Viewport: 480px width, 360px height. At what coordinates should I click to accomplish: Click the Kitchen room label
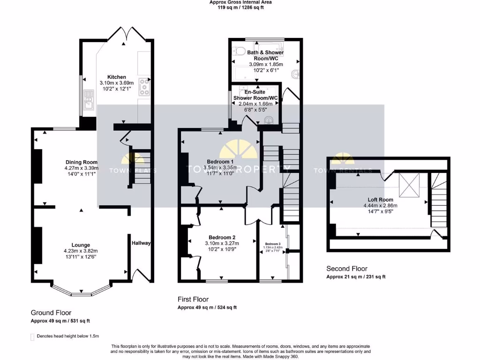click(x=117, y=77)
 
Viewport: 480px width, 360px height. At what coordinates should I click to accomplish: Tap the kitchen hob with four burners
click(x=144, y=87)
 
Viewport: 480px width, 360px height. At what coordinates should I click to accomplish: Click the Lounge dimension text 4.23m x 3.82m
click(x=81, y=251)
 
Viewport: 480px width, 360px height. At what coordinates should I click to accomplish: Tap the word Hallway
click(x=141, y=243)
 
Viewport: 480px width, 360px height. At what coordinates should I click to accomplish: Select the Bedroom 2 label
click(x=222, y=237)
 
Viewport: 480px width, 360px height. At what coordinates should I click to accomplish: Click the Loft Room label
click(x=380, y=199)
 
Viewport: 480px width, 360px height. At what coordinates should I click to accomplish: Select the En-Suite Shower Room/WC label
click(x=255, y=95)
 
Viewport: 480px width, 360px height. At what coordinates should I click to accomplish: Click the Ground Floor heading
click(x=51, y=313)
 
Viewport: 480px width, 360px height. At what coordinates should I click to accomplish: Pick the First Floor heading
click(x=193, y=299)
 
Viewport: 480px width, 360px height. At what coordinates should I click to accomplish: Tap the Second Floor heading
click(x=346, y=269)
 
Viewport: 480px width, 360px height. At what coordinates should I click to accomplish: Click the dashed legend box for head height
click(x=32, y=337)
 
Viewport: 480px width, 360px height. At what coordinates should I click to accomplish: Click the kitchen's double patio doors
click(x=124, y=35)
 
